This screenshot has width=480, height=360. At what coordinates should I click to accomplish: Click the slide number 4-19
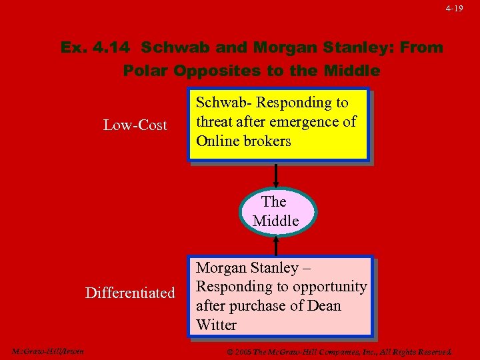(x=455, y=9)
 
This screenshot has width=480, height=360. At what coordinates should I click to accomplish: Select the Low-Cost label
(x=135, y=125)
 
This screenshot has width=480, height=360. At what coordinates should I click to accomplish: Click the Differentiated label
(x=130, y=293)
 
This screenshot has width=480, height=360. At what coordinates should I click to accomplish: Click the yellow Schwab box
(x=278, y=125)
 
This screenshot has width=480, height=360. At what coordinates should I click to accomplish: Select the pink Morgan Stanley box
(x=279, y=296)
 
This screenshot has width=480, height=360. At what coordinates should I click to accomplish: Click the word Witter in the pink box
(x=217, y=325)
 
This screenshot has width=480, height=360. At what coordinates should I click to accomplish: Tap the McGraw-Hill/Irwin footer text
(x=48, y=351)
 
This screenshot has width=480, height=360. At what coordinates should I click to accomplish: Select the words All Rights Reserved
(x=417, y=351)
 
